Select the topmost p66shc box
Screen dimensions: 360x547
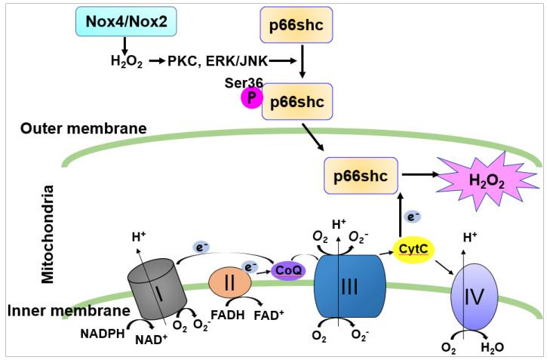pos(302,29)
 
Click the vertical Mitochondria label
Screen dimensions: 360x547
pos(49,233)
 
